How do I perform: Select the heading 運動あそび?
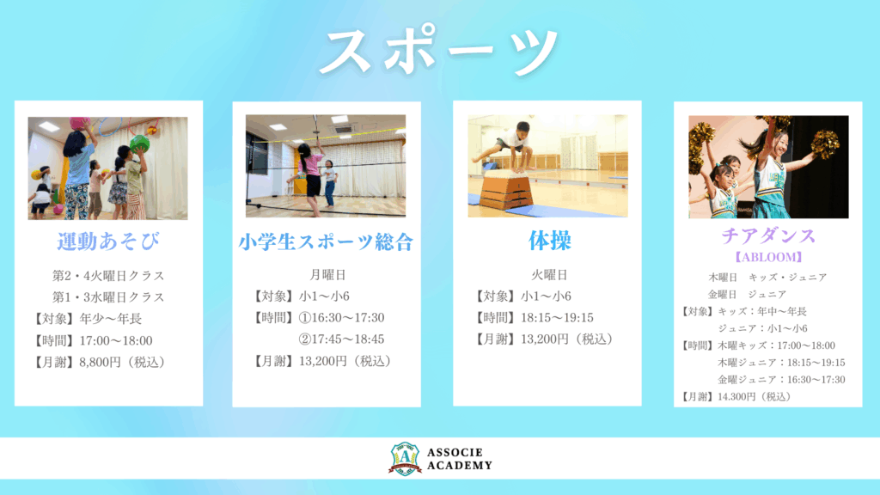coord(108,241)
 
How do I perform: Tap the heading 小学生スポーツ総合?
coord(326,241)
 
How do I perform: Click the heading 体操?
coord(550,241)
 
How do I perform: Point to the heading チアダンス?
coord(768,235)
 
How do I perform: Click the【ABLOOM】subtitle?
coord(768,257)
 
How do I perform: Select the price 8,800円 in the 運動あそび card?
coord(100,362)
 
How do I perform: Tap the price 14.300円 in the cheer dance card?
coord(736,397)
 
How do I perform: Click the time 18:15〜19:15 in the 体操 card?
coord(557,318)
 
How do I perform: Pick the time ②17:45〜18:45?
coord(341,339)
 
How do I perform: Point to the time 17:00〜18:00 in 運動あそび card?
coord(116,340)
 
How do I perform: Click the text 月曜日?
coord(327,275)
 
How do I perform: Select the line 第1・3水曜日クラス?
coord(108,296)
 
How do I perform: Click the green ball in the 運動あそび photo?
coord(139,144)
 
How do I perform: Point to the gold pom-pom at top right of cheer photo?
coord(825,144)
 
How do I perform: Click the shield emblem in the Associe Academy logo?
coord(405,459)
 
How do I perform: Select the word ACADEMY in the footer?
coord(460,465)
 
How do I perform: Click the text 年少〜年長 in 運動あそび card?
coord(111,319)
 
